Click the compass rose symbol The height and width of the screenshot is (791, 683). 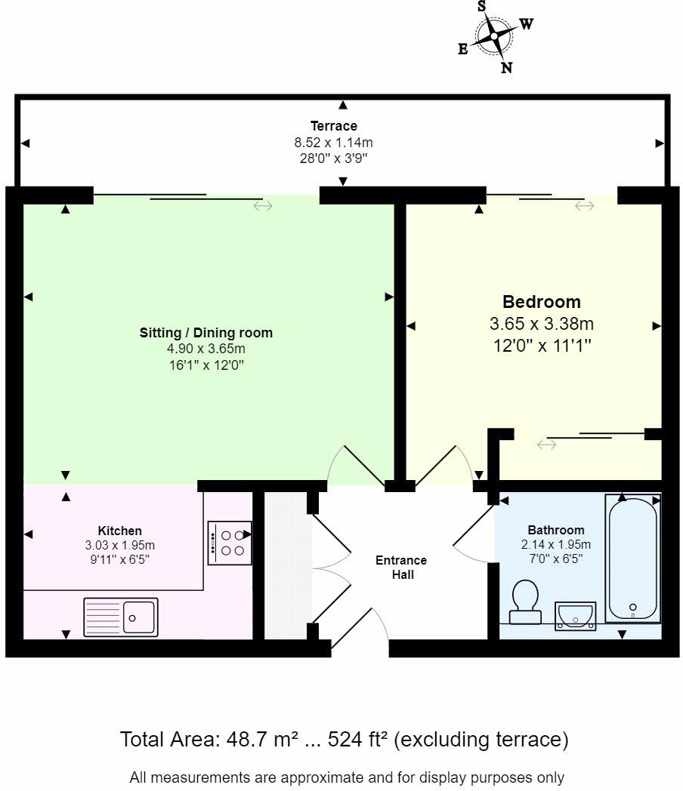click(493, 35)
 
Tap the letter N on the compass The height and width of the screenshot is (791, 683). click(507, 67)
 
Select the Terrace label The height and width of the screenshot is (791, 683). click(334, 125)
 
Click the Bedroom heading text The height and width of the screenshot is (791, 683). click(542, 302)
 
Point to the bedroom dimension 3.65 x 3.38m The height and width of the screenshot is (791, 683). click(542, 323)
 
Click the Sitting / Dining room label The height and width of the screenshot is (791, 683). click(206, 332)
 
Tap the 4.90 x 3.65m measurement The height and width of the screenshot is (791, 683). click(206, 349)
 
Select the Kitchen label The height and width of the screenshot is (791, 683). click(119, 531)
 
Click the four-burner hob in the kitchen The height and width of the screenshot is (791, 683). click(230, 543)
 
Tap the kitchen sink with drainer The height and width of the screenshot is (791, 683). click(121, 617)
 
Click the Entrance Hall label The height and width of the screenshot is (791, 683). click(401, 567)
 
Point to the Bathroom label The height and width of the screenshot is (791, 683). click(556, 530)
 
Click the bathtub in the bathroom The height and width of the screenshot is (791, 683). click(633, 559)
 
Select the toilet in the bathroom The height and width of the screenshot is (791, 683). click(525, 602)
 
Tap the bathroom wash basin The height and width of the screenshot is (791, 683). click(576, 615)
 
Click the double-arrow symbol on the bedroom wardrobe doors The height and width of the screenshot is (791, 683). click(547, 445)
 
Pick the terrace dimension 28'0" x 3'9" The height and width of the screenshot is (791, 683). click(334, 158)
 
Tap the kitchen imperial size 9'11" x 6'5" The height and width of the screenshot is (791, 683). click(119, 559)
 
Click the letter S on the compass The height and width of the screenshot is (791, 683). click(481, 6)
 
